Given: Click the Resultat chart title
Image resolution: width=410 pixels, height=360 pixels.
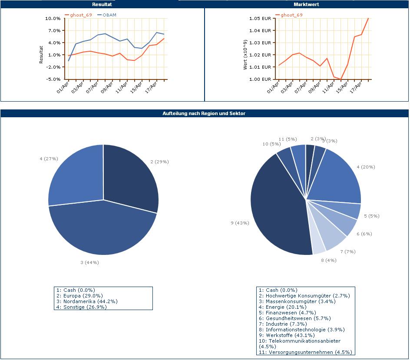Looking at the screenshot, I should pyautogui.click(x=102, y=4).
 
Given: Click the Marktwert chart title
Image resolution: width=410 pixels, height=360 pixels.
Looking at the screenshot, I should pyautogui.click(x=306, y=4).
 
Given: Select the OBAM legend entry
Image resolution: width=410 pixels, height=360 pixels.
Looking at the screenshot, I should pyautogui.click(x=107, y=15).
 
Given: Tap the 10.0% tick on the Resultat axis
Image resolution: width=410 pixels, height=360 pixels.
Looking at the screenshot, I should pyautogui.click(x=53, y=19).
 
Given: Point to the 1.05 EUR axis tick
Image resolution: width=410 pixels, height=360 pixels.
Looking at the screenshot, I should pyautogui.click(x=260, y=19).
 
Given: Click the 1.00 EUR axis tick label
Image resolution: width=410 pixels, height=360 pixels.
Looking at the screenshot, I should pyautogui.click(x=260, y=79).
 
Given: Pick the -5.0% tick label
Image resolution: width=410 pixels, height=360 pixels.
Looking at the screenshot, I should pyautogui.click(x=53, y=79).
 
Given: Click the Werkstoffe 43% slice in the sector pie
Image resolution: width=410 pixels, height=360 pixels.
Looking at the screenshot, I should pyautogui.click(x=278, y=208).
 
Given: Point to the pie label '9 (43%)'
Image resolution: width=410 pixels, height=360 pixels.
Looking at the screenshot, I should pyautogui.click(x=240, y=223).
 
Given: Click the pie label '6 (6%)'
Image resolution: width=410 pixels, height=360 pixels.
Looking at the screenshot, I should pyautogui.click(x=364, y=234).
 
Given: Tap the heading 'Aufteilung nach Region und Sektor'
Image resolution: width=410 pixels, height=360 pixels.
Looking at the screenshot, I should pyautogui.click(x=204, y=113).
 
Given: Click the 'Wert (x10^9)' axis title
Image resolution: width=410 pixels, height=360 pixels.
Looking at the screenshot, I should pyautogui.click(x=245, y=55).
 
